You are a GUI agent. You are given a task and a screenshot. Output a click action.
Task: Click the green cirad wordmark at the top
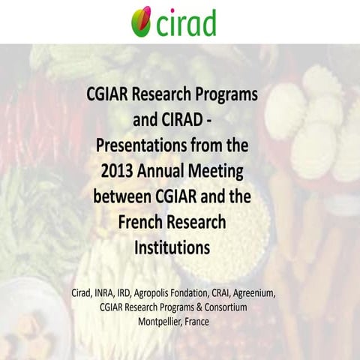[x=186, y=22]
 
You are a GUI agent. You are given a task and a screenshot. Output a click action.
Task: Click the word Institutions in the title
[x=180, y=247]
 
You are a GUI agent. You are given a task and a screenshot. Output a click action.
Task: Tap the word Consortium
[x=237, y=307]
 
